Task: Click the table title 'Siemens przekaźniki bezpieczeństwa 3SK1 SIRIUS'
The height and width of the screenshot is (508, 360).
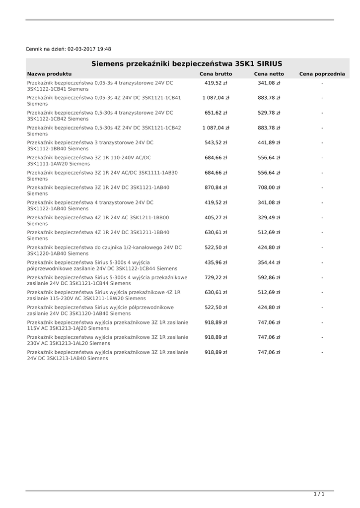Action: click(x=187, y=63)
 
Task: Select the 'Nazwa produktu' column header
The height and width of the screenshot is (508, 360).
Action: click(x=49, y=74)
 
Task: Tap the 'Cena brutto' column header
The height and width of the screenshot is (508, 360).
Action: click(x=216, y=74)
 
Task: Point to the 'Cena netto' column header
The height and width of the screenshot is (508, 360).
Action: click(x=269, y=74)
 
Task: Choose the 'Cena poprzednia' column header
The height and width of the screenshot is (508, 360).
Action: click(x=322, y=74)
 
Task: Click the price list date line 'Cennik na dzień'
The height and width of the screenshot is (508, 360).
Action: click(x=69, y=49)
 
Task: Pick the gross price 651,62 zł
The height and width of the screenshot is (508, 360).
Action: click(x=216, y=113)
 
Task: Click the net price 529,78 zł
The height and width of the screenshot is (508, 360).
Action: click(x=269, y=113)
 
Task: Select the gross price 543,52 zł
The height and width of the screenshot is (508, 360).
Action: click(x=216, y=143)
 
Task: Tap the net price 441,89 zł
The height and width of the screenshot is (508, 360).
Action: click(x=269, y=143)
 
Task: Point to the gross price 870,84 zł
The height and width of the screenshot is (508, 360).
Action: click(x=216, y=188)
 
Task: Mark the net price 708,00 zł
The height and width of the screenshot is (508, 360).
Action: click(x=269, y=188)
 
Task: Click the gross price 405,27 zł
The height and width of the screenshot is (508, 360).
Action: click(x=216, y=217)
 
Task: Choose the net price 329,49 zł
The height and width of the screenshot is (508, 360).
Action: click(x=269, y=217)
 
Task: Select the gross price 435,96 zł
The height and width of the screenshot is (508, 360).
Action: click(x=216, y=262)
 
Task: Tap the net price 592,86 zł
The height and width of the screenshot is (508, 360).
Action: click(x=269, y=277)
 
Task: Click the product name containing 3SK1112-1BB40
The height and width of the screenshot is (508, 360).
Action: click(x=90, y=145)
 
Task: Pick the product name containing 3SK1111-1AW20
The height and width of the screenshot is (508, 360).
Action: click(x=89, y=160)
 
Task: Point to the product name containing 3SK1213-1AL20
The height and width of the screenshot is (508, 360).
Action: click(x=108, y=340)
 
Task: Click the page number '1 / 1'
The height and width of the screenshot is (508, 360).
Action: click(x=319, y=494)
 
